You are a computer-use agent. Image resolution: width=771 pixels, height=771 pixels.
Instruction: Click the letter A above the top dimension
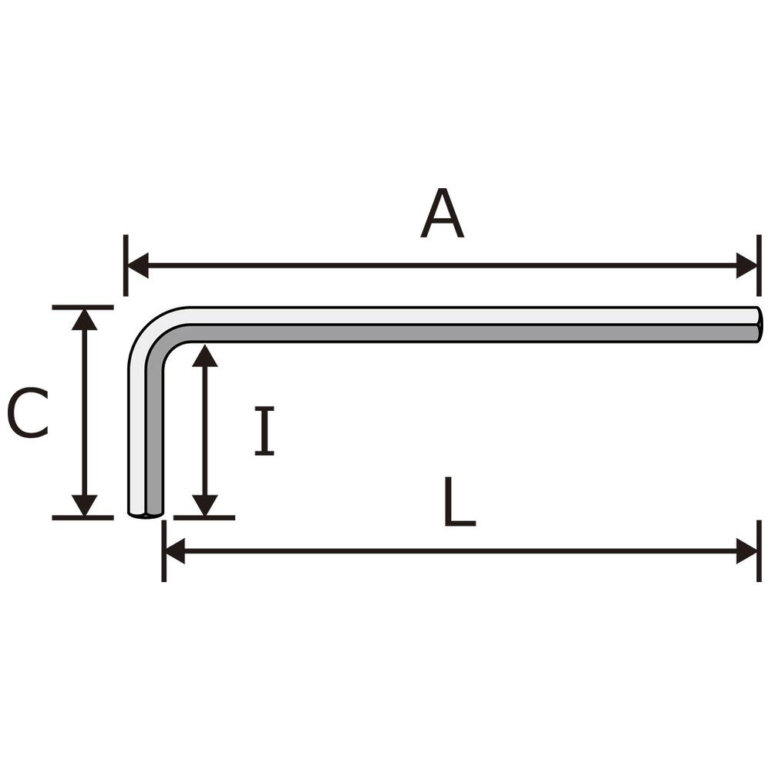(442, 214)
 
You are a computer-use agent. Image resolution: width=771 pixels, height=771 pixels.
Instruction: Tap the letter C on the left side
(28, 412)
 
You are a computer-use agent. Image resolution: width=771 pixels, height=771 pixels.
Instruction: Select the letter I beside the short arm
(264, 431)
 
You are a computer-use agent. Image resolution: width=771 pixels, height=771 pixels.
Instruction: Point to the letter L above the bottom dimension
(460, 502)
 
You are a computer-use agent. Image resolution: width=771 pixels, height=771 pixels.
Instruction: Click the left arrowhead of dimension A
(138, 265)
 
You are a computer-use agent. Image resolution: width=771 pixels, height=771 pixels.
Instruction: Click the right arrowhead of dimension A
(746, 265)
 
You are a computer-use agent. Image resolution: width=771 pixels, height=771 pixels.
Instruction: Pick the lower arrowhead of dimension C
(85, 505)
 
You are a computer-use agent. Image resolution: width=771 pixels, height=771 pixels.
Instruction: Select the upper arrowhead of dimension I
(204, 355)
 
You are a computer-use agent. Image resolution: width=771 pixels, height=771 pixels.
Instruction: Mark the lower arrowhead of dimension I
(204, 505)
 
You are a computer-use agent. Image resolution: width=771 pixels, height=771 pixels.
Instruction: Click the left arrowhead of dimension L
(174, 551)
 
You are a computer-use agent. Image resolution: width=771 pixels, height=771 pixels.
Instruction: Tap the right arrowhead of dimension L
(746, 551)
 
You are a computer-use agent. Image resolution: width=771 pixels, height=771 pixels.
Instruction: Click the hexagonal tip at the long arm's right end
(759, 325)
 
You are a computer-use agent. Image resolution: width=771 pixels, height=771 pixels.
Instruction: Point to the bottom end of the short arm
(146, 513)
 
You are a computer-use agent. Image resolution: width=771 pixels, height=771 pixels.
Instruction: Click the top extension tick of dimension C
(82, 308)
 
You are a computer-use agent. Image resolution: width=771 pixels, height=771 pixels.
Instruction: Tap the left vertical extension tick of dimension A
(126, 265)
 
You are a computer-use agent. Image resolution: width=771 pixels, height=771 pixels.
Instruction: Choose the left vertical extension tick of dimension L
(163, 551)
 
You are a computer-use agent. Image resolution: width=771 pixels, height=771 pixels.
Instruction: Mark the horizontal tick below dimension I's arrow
(204, 518)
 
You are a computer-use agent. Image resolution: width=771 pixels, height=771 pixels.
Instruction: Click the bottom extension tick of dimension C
(82, 518)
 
